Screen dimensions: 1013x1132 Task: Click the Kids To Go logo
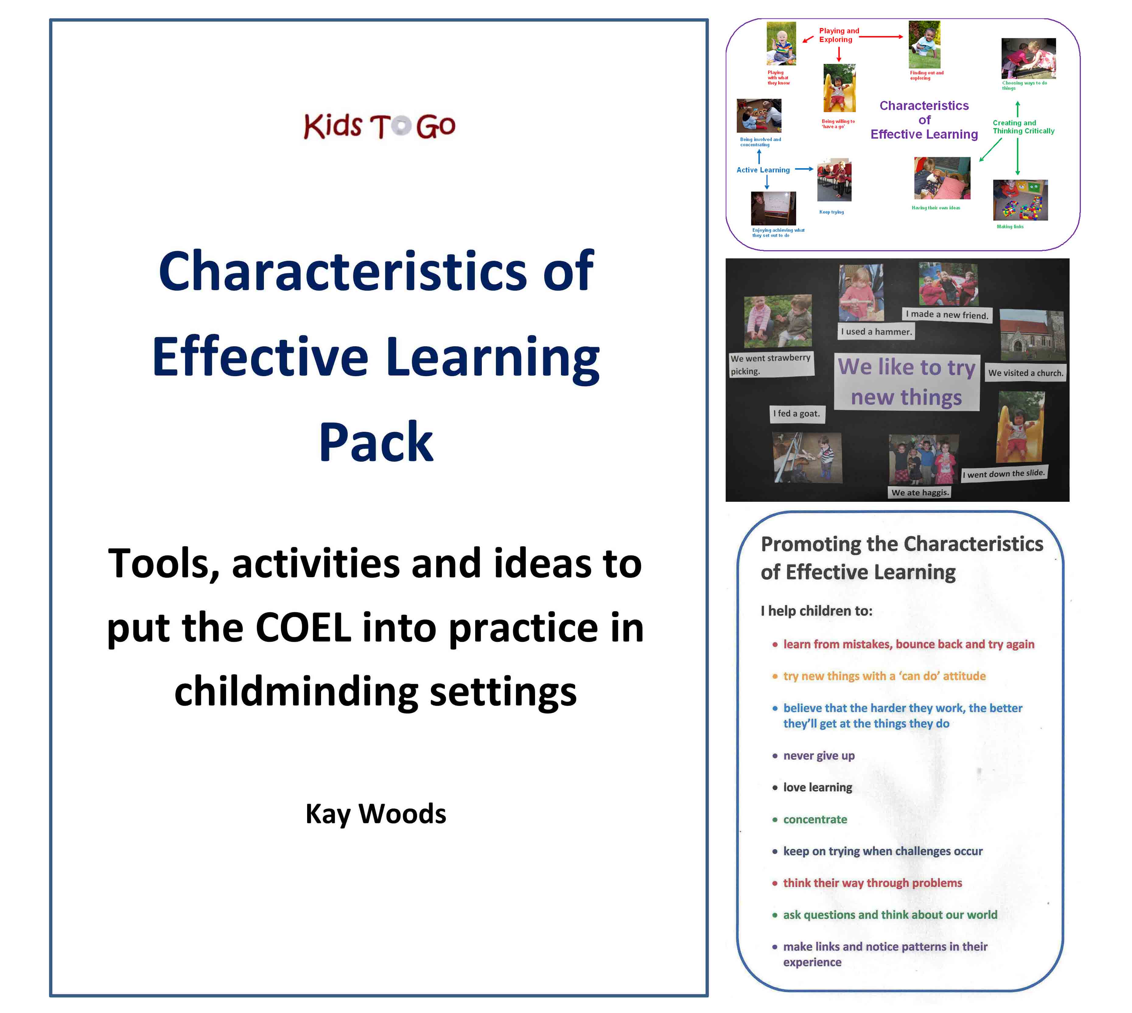[379, 126]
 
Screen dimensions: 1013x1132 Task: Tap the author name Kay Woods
[376, 814]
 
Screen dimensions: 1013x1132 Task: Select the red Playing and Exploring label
[839, 35]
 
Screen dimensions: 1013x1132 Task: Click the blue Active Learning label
[763, 170]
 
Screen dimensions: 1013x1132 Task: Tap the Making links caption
[1010, 226]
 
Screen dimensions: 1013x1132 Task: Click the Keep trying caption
[831, 212]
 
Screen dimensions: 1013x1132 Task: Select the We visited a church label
[1026, 373]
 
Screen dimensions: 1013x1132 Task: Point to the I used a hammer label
[876, 332]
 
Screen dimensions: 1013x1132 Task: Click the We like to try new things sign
[906, 382]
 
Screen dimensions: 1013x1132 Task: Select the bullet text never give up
[818, 755]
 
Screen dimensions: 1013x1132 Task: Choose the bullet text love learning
[817, 787]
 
